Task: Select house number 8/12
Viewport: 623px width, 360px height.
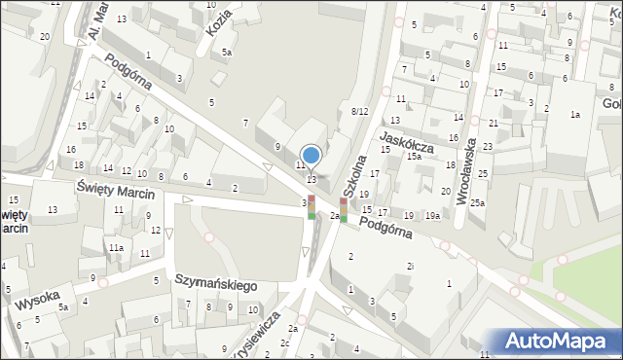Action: click(x=359, y=112)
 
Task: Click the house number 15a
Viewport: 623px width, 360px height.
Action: click(x=415, y=157)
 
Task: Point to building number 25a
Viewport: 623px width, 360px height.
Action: click(x=477, y=203)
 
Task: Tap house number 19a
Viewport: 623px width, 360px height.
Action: click(x=432, y=215)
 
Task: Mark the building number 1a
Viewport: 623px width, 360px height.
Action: click(x=575, y=116)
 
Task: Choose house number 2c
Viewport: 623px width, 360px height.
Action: click(x=285, y=342)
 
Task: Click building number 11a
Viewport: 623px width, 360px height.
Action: click(x=116, y=248)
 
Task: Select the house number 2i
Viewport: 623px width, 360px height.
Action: click(x=412, y=266)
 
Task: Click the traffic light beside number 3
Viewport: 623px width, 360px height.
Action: click(x=311, y=206)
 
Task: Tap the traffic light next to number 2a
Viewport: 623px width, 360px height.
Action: click(x=343, y=208)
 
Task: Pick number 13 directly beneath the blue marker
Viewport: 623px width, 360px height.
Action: click(x=311, y=179)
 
